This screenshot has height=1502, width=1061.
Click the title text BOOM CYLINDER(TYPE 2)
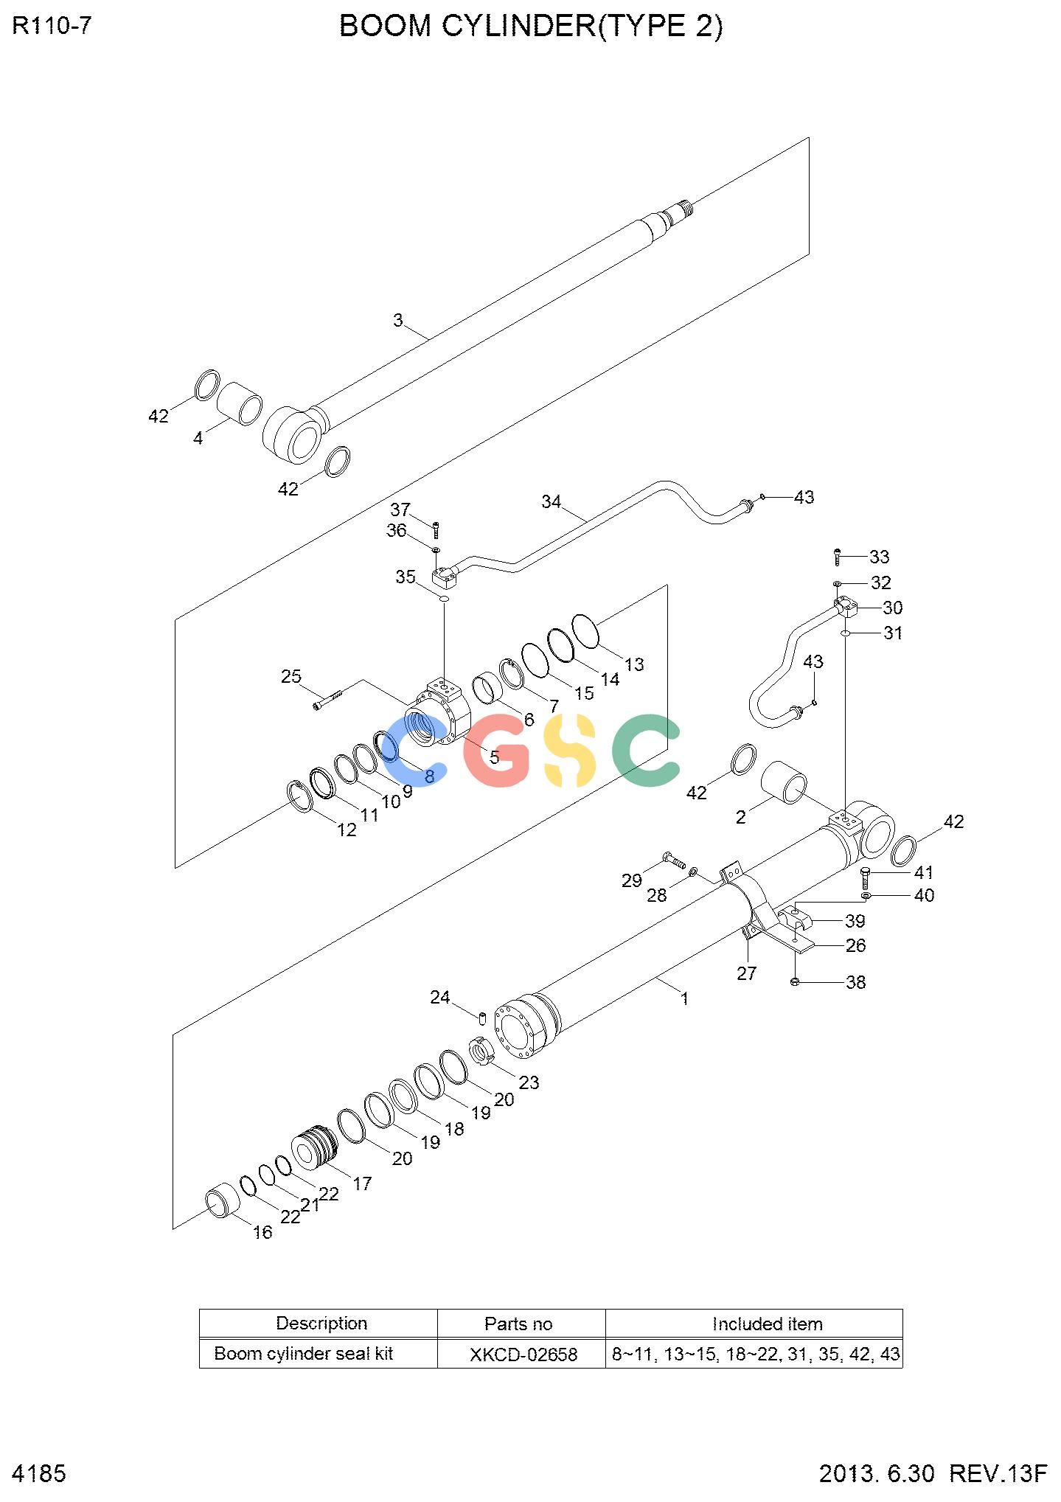tap(531, 26)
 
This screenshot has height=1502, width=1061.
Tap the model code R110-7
tap(52, 26)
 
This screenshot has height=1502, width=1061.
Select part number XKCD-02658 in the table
tap(523, 1355)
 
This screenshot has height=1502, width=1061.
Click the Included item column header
tap(768, 1324)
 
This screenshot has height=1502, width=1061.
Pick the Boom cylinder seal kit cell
tap(304, 1354)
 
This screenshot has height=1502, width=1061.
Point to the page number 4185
tap(40, 1474)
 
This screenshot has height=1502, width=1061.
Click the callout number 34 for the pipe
tap(552, 502)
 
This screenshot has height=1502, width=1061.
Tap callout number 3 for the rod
tap(398, 321)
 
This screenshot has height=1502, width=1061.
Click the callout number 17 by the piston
tap(362, 1183)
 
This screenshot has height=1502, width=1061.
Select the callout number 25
tap(291, 676)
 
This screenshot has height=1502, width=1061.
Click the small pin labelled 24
tap(481, 1018)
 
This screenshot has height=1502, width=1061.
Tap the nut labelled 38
tap(795, 981)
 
